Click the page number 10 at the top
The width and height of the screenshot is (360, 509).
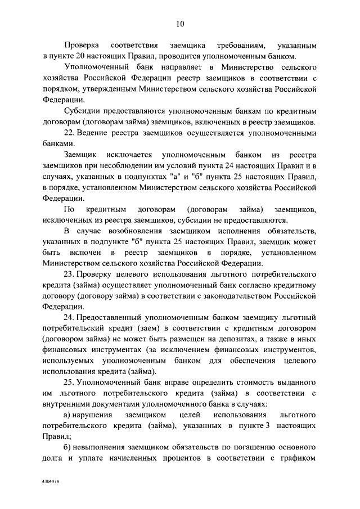point(180,23)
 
